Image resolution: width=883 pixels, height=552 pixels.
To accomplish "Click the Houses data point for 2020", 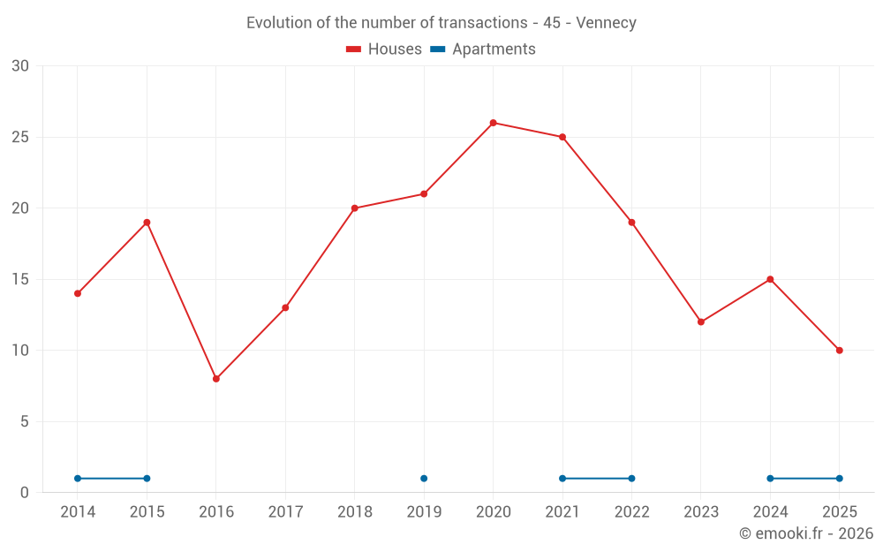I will tap(493, 123).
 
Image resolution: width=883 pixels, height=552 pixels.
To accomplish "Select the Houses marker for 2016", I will tap(216, 379).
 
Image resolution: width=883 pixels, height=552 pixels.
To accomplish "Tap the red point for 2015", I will tap(147, 223).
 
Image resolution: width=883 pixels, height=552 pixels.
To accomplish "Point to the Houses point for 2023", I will tap(701, 321).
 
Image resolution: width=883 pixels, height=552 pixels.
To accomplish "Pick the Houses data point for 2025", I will tap(840, 351).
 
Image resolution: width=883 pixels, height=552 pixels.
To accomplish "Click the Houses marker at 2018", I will tap(355, 208).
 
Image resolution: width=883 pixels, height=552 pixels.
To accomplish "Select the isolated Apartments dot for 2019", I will tap(424, 479).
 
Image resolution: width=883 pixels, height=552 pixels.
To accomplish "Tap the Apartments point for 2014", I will tap(78, 479).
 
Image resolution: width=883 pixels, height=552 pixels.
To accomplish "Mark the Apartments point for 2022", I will tap(631, 479).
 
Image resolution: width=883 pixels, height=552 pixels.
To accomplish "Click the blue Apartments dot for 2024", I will tap(770, 479).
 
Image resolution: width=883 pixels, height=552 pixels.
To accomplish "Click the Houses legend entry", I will tap(384, 49).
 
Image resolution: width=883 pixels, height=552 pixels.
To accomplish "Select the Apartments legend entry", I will tap(483, 49).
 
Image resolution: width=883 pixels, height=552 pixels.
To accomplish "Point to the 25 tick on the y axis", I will tap(19, 137).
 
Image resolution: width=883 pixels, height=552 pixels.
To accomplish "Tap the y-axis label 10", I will tap(19, 351).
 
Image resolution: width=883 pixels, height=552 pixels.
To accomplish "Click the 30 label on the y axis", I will tap(19, 66).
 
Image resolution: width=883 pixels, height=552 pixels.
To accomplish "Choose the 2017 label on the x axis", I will tap(285, 512).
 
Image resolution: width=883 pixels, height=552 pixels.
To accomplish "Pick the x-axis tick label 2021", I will tap(562, 512).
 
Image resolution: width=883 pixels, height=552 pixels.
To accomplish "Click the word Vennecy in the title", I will tap(606, 23).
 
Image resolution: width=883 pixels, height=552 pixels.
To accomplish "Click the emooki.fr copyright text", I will tap(806, 533).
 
